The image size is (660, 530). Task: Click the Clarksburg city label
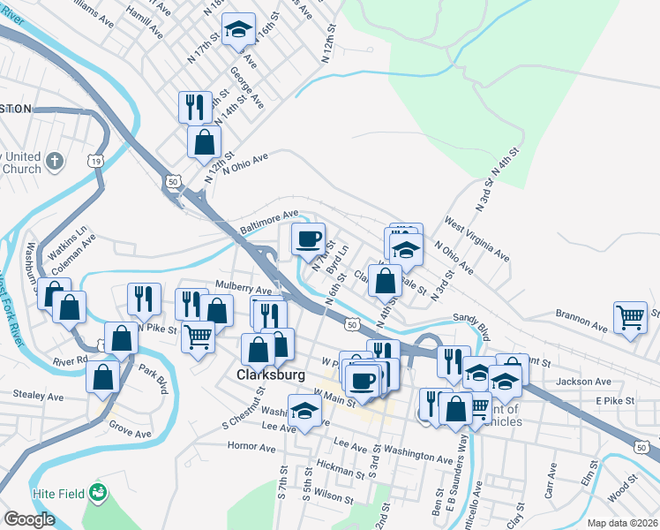coord(271,375)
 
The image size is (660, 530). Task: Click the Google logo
coord(29,519)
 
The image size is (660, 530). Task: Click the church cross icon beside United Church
coord(55,162)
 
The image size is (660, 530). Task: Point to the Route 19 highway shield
coord(94,160)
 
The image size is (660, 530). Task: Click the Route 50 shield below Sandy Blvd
coord(351,325)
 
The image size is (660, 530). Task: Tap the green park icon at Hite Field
coord(97,490)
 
